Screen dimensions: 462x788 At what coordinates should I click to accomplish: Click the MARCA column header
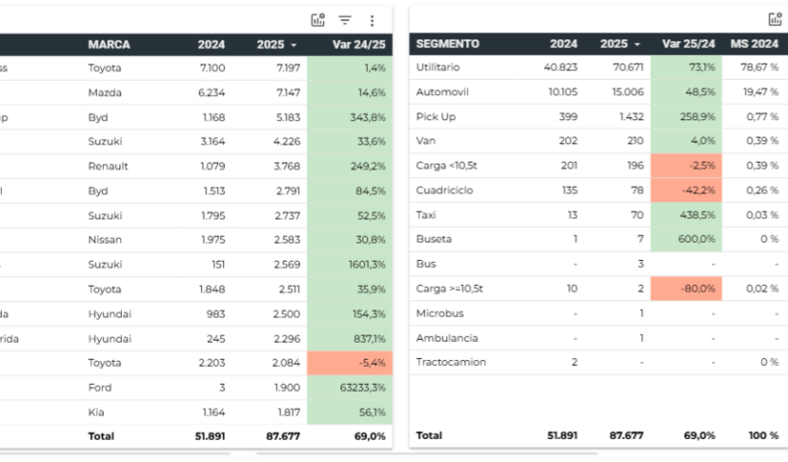coord(109,44)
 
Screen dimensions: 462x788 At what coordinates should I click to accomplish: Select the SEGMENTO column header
coord(447,44)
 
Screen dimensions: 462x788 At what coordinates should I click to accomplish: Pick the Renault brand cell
coord(108,167)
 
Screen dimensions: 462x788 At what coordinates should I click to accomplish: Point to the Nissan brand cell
coord(106,240)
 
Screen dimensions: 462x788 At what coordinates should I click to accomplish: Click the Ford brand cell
coord(100,387)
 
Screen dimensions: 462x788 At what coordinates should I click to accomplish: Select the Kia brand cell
coord(97,412)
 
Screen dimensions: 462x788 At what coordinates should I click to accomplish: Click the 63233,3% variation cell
coord(351,387)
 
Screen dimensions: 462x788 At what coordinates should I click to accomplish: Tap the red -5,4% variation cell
coord(351,362)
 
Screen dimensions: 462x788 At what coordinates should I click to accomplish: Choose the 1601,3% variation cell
coord(351,265)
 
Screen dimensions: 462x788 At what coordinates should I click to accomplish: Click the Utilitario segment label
coord(437,67)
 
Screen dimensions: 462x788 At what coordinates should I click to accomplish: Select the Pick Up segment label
coord(435,116)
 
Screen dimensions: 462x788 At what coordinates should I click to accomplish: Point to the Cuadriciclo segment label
coord(441,190)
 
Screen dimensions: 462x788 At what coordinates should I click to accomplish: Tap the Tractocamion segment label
coord(450,362)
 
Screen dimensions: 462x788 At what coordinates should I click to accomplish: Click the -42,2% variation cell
coord(686,190)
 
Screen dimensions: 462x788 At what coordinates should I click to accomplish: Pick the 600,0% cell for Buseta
coord(686,239)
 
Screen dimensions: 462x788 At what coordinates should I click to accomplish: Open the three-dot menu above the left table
coord(372,20)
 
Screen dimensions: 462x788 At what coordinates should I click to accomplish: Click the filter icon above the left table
coord(345,20)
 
